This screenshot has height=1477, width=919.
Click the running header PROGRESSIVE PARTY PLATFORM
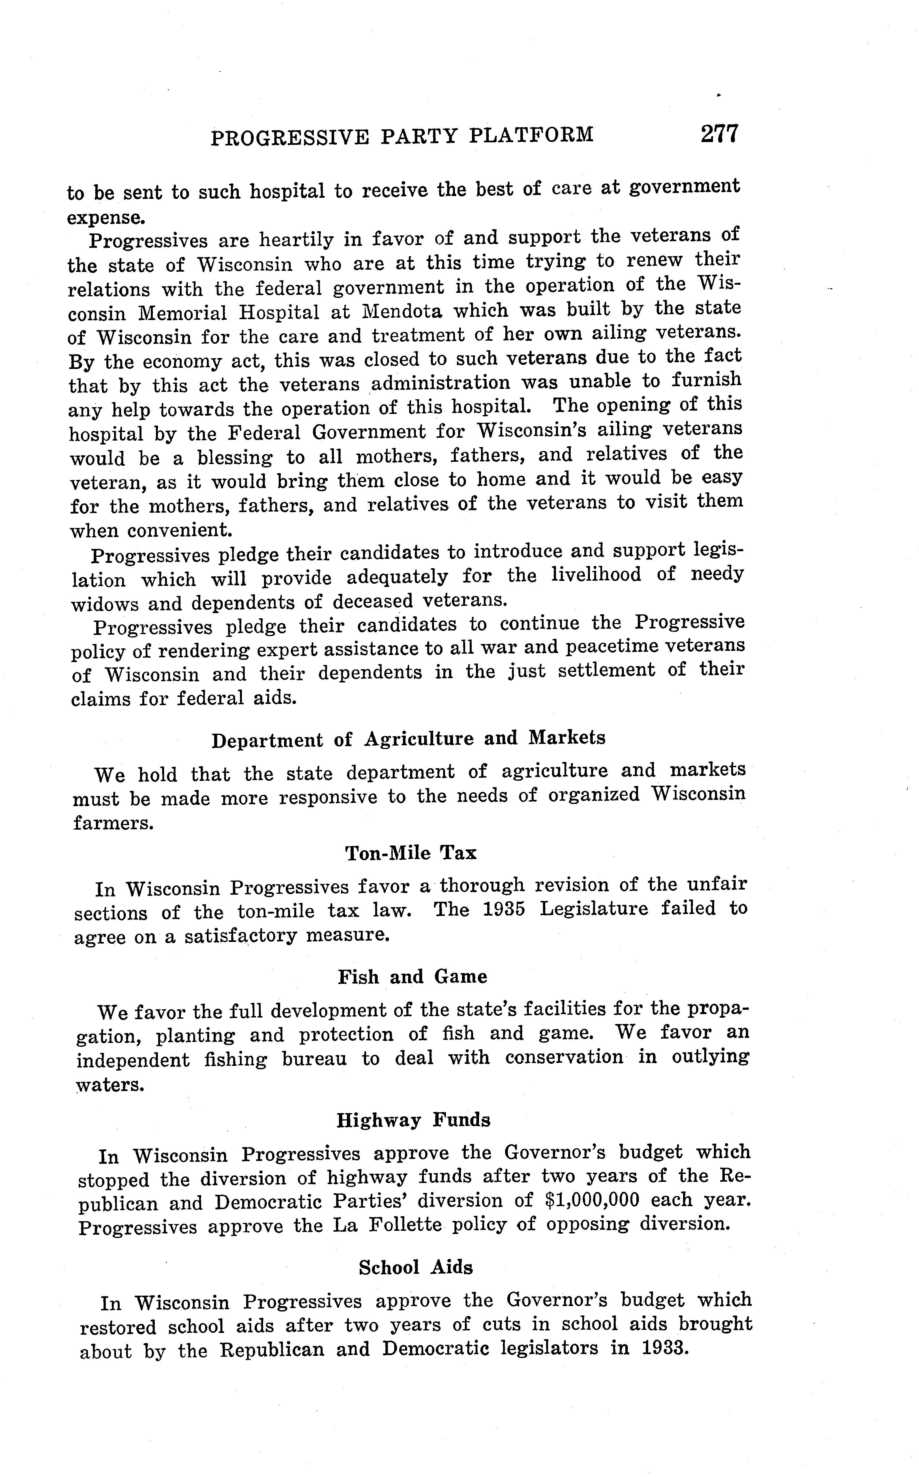(402, 136)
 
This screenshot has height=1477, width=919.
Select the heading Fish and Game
(412, 977)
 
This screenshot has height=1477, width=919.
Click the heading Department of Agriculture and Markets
(409, 739)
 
